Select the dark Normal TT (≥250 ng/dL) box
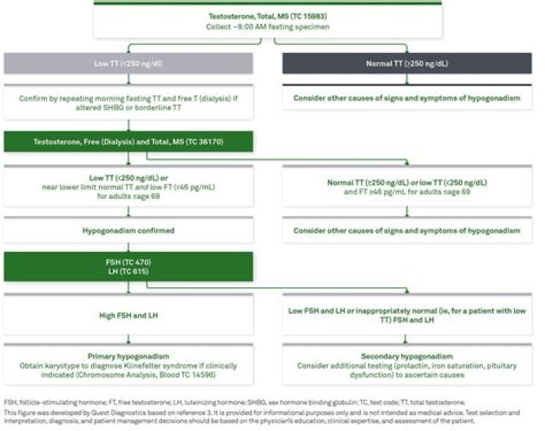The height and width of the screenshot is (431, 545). coord(407,64)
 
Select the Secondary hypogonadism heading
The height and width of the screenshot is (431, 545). coord(406,355)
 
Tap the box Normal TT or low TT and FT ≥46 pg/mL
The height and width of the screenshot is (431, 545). coord(406,187)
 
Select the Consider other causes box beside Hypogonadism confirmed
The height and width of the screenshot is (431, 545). coord(406,230)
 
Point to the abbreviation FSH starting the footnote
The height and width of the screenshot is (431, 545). coord(9,402)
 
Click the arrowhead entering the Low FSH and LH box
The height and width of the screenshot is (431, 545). coord(406,290)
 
